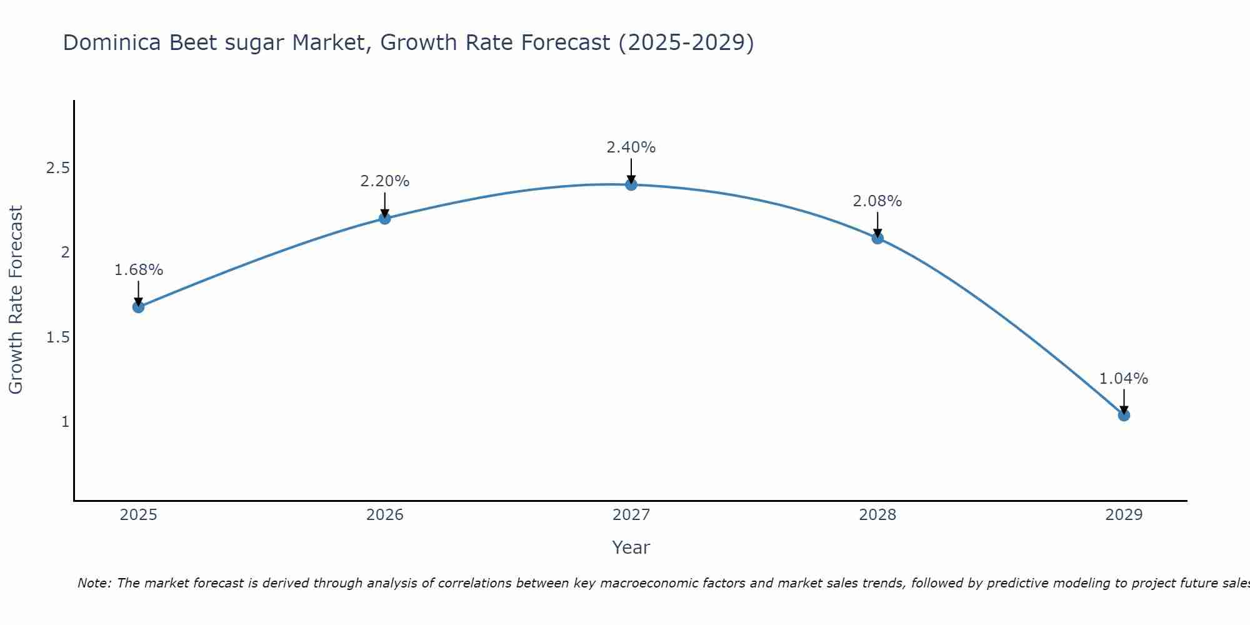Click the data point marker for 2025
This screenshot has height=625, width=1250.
139,307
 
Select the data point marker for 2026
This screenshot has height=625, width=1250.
385,218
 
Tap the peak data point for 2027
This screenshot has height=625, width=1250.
631,184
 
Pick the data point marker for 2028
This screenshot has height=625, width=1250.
877,238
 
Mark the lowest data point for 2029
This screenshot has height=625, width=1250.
1124,415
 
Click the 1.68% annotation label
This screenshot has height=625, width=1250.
139,270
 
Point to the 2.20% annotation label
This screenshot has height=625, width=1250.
385,181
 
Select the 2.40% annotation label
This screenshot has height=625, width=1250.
631,147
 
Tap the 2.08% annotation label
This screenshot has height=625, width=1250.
877,201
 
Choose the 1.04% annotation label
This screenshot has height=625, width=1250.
1124,379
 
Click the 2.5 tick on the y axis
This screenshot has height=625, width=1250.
57,168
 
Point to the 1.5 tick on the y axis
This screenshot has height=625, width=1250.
57,337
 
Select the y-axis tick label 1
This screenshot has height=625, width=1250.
65,422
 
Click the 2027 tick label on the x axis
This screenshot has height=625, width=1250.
631,515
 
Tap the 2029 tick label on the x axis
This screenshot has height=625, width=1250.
1124,515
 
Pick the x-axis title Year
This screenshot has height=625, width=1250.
631,547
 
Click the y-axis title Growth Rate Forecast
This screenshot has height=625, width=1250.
16,300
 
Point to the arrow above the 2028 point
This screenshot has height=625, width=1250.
877,224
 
